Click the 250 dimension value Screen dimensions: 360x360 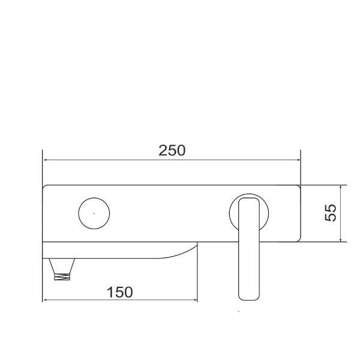tap(172, 150)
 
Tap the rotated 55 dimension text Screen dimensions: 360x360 tap(331, 213)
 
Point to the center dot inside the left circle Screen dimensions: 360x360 tap(94, 213)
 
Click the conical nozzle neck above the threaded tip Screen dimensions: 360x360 tap(62, 264)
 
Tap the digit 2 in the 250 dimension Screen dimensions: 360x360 tap(163, 150)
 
